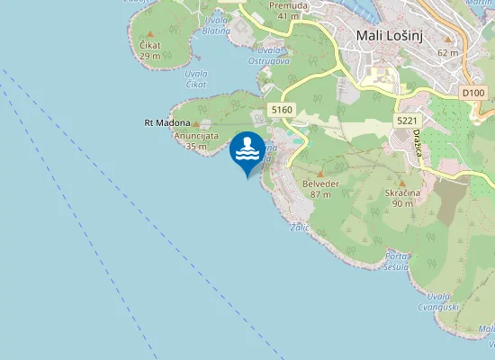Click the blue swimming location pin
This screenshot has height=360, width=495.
[247, 149]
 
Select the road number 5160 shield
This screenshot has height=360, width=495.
[282, 109]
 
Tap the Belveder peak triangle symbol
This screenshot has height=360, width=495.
[319, 173]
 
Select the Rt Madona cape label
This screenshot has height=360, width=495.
[167, 122]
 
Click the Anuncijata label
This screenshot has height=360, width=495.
[196, 136]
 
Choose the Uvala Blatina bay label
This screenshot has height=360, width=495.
[216, 25]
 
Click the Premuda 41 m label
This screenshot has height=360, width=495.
[289, 10]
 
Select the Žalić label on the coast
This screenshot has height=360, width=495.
[300, 228]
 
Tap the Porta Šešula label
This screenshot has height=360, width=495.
[397, 261]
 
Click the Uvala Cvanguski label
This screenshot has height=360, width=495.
[444, 301]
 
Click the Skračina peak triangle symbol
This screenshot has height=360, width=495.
[402, 183]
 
